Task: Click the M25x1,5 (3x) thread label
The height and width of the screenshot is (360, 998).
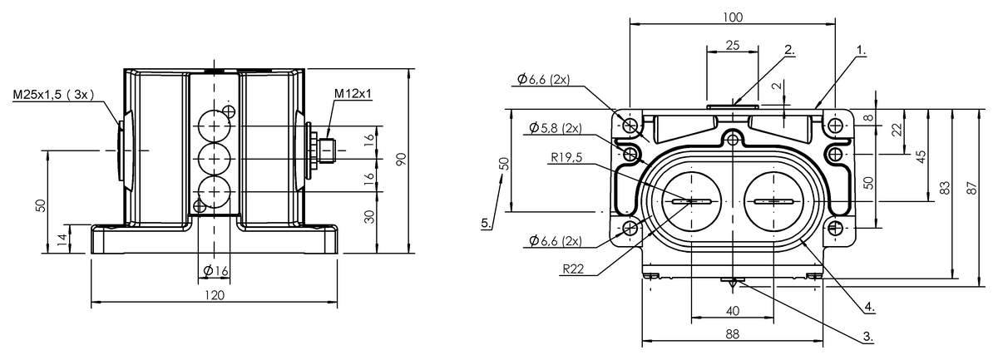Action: pyautogui.click(x=53, y=95)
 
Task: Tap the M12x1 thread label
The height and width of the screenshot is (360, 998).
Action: pyautogui.click(x=353, y=94)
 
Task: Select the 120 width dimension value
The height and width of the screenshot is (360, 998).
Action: pyautogui.click(x=215, y=295)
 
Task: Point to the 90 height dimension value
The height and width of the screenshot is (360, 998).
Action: pyautogui.click(x=402, y=160)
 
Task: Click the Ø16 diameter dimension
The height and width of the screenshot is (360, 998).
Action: pyautogui.click(x=215, y=270)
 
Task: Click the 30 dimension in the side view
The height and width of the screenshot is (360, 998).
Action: pyautogui.click(x=369, y=216)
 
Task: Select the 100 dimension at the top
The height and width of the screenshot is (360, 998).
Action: pyautogui.click(x=733, y=17)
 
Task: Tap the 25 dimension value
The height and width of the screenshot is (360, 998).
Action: pyautogui.click(x=733, y=46)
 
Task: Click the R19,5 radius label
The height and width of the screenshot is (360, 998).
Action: pyautogui.click(x=566, y=157)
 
